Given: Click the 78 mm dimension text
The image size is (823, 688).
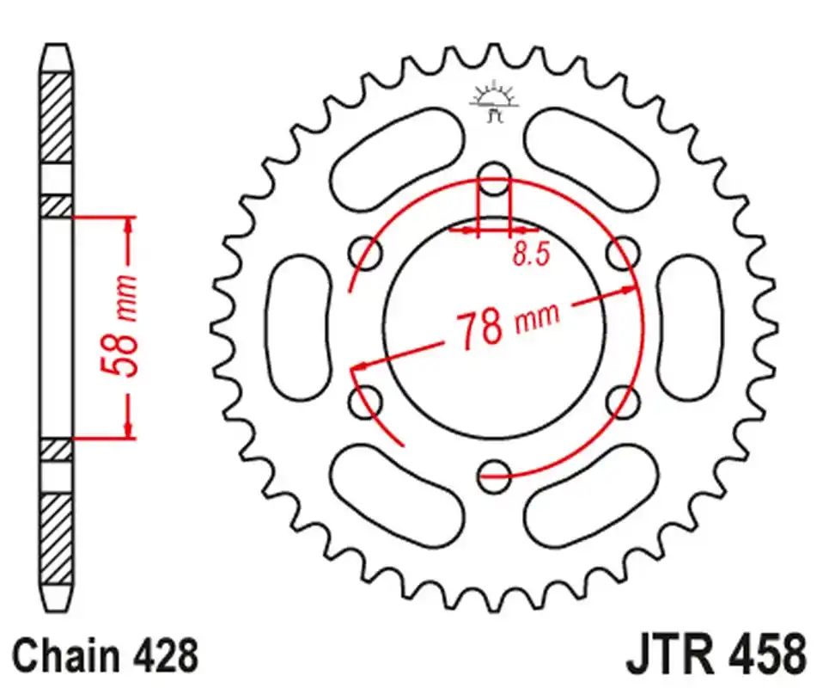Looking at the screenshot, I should [x=507, y=325].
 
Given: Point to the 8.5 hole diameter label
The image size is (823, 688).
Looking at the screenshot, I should [x=531, y=255].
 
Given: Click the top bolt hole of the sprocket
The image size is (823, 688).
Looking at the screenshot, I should [x=493, y=181].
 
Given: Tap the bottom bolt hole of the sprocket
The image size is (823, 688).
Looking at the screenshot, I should [x=493, y=475].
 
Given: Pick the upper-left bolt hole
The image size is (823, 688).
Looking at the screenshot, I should [x=367, y=254].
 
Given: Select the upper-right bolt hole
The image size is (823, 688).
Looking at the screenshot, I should [x=622, y=254].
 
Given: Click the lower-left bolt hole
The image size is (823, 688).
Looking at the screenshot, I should [x=367, y=401].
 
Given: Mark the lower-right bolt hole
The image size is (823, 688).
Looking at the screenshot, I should [x=622, y=401].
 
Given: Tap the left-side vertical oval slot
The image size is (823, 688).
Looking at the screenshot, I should [x=300, y=328].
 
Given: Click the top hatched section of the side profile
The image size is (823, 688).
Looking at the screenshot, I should [x=57, y=116].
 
